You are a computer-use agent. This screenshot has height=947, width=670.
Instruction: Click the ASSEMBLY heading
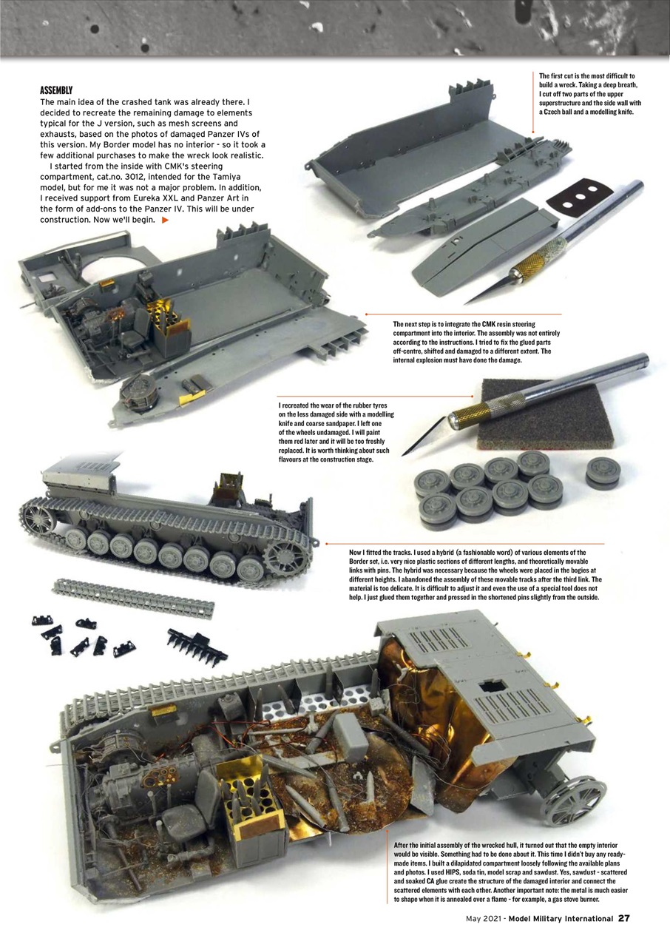point(56,90)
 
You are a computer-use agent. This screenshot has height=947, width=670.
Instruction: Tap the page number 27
point(624,918)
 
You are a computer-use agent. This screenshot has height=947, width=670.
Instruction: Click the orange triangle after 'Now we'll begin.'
point(165,220)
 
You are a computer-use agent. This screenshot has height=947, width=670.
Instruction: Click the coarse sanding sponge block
point(544,414)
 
